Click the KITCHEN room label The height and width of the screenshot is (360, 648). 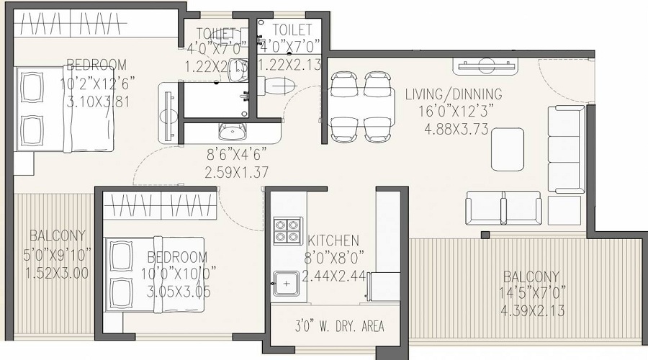(x=333, y=240)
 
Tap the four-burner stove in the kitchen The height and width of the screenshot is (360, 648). (x=287, y=232)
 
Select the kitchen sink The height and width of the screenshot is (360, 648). (x=286, y=283)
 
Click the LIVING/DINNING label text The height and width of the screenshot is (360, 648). (x=454, y=94)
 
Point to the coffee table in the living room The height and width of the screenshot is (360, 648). (x=508, y=149)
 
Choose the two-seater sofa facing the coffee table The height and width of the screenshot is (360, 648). (x=503, y=208)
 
